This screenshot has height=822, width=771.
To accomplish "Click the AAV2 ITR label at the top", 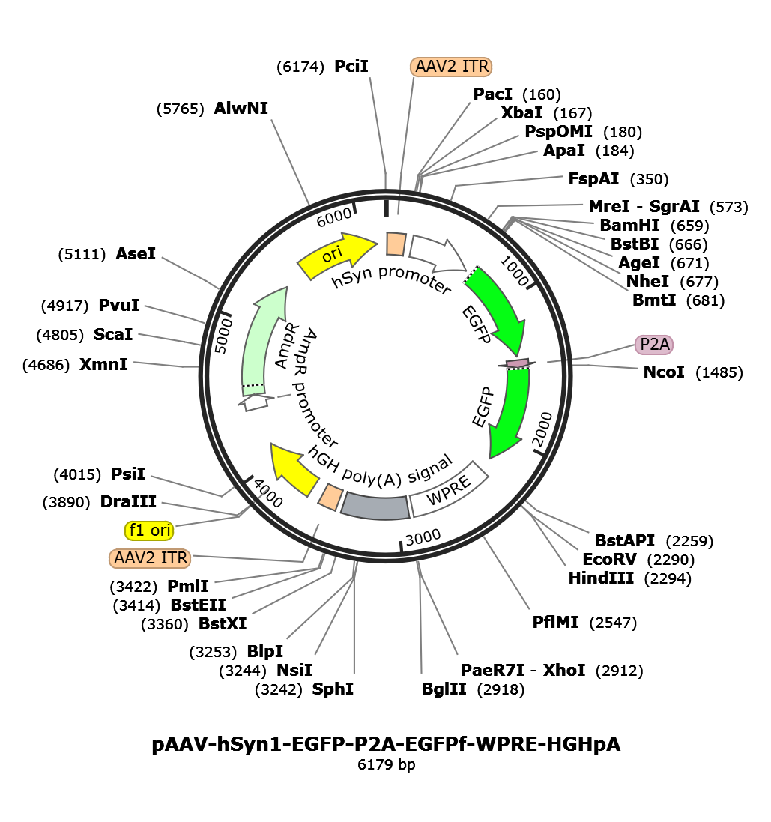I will pos(451,67).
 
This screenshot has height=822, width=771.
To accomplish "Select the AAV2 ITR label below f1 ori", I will pos(150,558).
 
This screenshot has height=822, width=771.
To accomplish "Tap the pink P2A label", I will pos(654,345).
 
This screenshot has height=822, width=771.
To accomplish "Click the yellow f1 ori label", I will pos(149,531).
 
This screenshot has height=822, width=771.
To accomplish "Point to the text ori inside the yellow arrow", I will pos(332,255).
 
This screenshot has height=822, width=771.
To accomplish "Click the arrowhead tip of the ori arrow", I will pos(375,241).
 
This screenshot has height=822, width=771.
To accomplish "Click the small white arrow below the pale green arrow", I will pos(256,402).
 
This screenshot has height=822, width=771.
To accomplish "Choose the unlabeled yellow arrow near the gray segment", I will pos(295,468).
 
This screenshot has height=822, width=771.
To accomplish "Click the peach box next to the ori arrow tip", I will pos(396,244).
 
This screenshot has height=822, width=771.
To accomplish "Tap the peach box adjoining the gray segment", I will pos(330,497).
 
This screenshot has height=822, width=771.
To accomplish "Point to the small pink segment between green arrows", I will pos(517,363).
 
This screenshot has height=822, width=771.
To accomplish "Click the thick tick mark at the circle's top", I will pos(385,205).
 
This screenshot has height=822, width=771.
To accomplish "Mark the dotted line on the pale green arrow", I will pos(253,386).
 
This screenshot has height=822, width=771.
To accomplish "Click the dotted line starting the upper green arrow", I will pos(471,274).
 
